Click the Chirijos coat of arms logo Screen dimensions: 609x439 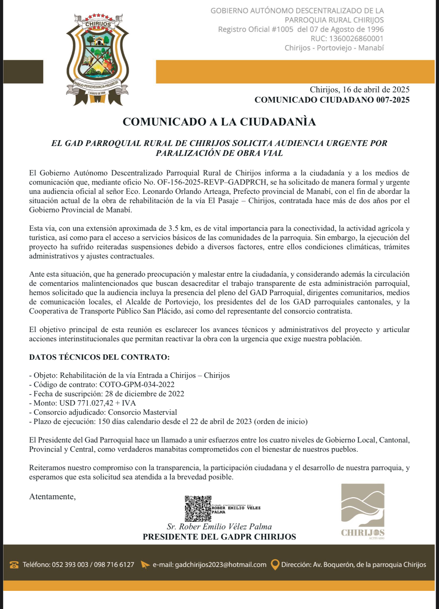click(x=97, y=59)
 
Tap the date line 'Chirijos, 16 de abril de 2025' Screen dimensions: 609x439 click(x=359, y=90)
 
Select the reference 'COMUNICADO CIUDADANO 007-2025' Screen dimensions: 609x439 click(x=332, y=100)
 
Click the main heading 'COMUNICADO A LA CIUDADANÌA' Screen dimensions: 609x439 click(x=219, y=122)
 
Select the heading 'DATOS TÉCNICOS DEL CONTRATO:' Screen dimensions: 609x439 click(x=99, y=357)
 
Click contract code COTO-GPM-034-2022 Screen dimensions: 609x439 click(x=137, y=385)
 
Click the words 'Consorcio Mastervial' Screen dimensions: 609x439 click(x=142, y=412)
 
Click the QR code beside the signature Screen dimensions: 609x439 click(x=198, y=508)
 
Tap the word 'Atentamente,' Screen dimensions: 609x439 click(x=52, y=497)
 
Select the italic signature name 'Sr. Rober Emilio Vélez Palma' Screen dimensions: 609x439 click(x=219, y=527)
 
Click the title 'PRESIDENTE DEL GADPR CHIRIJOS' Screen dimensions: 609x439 click(x=219, y=537)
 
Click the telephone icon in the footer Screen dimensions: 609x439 click(x=14, y=565)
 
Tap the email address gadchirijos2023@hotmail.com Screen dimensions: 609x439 click(x=221, y=565)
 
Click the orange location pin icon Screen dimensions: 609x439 click(x=275, y=565)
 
